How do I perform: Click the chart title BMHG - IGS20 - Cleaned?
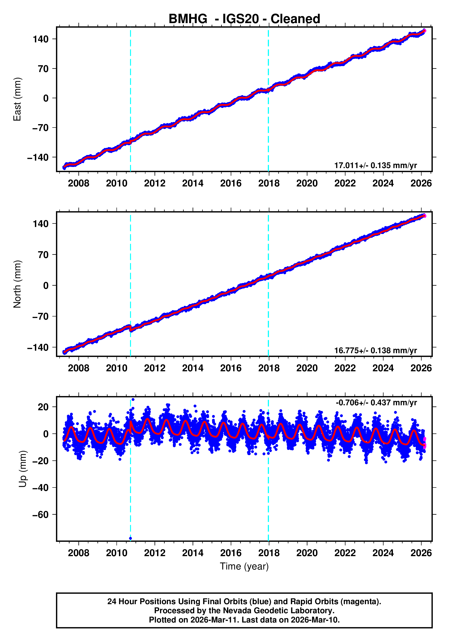(x=244, y=19)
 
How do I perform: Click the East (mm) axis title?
(x=17, y=99)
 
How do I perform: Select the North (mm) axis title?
(x=17, y=284)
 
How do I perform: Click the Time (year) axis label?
(x=244, y=566)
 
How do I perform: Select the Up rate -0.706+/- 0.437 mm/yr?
(x=376, y=403)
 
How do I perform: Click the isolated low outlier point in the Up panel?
(x=130, y=538)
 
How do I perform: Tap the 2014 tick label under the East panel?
(x=193, y=183)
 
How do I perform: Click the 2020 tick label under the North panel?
(x=307, y=368)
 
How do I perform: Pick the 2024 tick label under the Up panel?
(x=383, y=553)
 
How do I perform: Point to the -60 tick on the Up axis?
(x=40, y=515)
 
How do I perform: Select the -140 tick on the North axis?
(x=38, y=348)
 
